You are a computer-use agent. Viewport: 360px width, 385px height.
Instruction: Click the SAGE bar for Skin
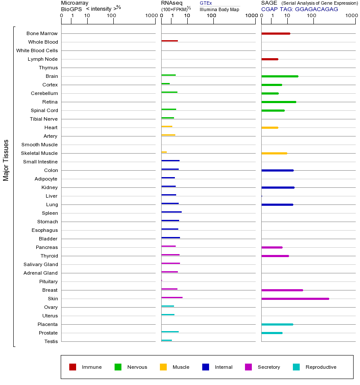(x=295, y=299)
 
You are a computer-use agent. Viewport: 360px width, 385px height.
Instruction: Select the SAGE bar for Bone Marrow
(x=276, y=33)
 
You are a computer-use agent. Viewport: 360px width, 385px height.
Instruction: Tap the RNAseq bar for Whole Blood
(x=169, y=41)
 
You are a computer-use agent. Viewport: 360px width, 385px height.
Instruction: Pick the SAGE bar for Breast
(x=282, y=290)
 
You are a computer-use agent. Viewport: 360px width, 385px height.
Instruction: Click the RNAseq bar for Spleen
(x=171, y=212)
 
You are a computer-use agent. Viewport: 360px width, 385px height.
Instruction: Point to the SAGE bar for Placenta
(x=277, y=324)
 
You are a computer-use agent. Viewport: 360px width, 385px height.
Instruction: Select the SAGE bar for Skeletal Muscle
(x=274, y=153)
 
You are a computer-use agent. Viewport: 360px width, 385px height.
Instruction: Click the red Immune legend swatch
(x=73, y=367)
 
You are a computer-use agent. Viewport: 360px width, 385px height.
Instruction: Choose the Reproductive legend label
(x=321, y=367)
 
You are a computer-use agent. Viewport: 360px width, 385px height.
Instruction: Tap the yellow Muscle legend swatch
(x=163, y=367)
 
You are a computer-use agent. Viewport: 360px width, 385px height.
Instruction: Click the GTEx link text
(x=206, y=3)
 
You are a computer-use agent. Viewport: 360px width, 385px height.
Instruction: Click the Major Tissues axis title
(x=6, y=160)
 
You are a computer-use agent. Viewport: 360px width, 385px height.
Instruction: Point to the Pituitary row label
(x=48, y=281)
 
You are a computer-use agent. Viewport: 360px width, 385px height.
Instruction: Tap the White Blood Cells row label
(x=37, y=50)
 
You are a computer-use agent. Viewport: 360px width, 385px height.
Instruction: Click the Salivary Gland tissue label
(x=41, y=264)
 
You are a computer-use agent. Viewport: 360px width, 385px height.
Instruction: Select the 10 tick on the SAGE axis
(x=287, y=16)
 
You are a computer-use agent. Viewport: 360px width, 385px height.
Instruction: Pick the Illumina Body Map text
(x=219, y=9)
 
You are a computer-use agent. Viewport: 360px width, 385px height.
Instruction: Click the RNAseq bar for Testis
(x=166, y=341)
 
